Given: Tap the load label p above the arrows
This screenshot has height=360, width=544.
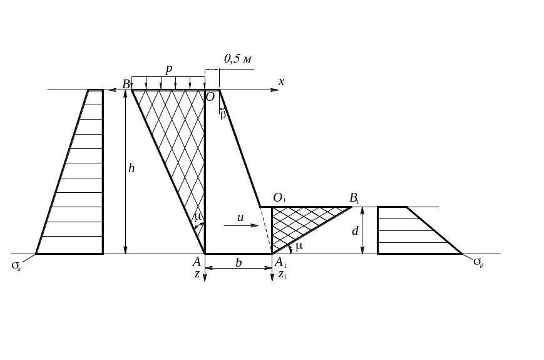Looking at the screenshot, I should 168,69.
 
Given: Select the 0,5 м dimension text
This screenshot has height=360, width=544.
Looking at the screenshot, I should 238,59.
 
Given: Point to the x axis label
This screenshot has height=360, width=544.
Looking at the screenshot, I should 281,81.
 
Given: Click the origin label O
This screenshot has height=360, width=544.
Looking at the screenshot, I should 210,97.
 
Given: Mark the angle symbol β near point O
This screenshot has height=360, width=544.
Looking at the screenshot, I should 223,113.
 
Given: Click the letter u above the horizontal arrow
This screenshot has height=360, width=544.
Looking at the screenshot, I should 240,217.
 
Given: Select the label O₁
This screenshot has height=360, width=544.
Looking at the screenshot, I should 279,198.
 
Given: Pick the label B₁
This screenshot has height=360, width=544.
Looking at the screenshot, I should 355,198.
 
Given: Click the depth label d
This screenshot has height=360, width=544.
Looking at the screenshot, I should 355,231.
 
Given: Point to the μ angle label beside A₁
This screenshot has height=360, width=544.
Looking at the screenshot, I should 300,245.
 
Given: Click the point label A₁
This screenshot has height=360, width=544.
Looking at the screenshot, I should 282,262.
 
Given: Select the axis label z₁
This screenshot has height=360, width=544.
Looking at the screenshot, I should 283,275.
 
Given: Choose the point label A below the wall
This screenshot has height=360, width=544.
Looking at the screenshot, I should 197,262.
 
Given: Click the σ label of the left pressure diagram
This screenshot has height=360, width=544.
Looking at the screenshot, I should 16,265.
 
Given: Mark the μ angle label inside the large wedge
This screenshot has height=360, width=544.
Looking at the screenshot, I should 198,217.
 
